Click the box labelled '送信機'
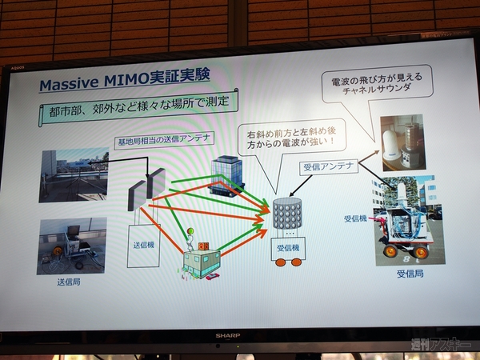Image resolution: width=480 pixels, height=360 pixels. [x=145, y=246]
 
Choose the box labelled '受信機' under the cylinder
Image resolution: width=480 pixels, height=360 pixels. [x=287, y=250]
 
